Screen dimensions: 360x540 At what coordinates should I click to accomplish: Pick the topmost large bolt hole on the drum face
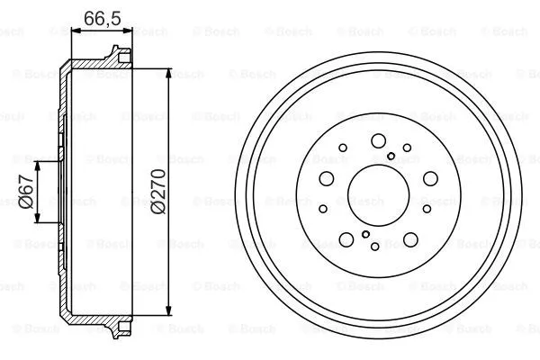click(x=378, y=139)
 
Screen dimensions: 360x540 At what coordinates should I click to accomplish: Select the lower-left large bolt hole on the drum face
click(x=346, y=239)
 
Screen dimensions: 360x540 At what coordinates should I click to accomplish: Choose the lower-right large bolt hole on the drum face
click(x=410, y=239)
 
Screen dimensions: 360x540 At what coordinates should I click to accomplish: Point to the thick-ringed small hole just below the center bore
click(x=365, y=234)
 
